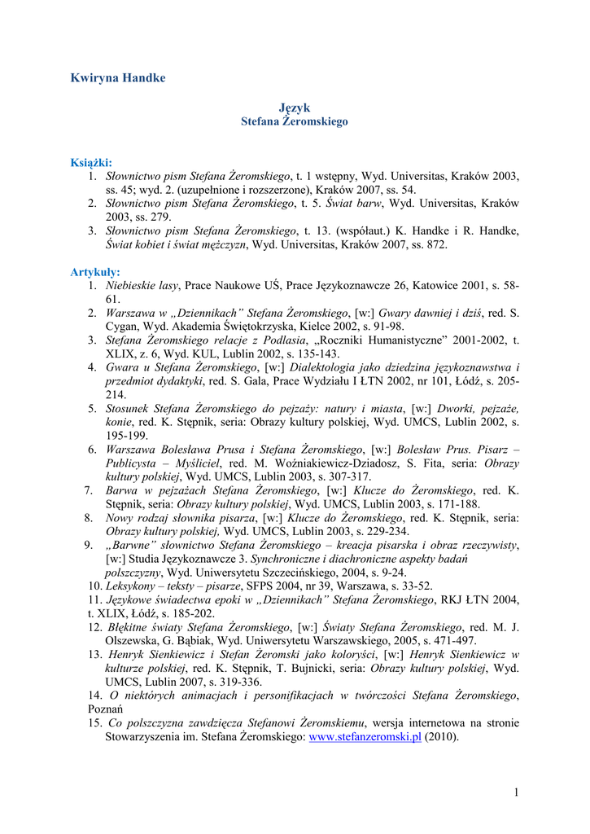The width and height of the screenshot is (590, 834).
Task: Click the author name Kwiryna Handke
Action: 118,78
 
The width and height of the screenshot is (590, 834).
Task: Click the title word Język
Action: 295,108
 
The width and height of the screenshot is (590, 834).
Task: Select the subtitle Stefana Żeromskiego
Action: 295,121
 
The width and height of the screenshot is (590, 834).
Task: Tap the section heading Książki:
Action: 91,162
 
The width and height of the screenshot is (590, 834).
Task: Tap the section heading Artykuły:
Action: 95,272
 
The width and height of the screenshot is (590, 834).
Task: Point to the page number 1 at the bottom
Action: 516,792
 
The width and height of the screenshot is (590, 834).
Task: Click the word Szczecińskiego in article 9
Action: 304,573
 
